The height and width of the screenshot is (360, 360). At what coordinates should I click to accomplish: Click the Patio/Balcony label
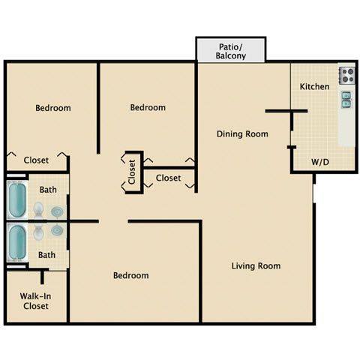coord(230,50)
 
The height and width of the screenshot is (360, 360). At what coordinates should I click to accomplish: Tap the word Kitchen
coord(314,87)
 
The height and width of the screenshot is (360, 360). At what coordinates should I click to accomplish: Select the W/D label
coord(319,162)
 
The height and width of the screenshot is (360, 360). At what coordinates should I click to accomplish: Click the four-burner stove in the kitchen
coord(346,75)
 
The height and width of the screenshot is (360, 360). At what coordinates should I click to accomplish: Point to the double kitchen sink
coord(346,100)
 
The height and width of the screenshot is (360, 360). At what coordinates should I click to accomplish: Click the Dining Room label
coord(242,134)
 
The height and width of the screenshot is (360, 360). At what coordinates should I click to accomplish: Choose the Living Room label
coord(256,265)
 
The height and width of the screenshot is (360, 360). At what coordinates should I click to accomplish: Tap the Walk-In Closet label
coord(34,300)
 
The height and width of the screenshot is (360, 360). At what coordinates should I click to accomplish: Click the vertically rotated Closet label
coord(132,172)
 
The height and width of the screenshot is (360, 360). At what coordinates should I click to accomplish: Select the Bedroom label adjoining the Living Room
coord(130,275)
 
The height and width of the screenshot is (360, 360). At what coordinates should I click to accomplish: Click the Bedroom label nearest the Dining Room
coord(148,108)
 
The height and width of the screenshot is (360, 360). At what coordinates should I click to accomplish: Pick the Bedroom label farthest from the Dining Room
coord(53,108)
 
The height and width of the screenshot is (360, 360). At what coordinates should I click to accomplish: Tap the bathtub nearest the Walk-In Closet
coord(17,241)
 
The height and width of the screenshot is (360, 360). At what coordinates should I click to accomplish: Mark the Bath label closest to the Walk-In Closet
coord(46,255)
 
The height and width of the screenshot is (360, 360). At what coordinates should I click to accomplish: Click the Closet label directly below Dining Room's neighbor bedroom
coord(168,178)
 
